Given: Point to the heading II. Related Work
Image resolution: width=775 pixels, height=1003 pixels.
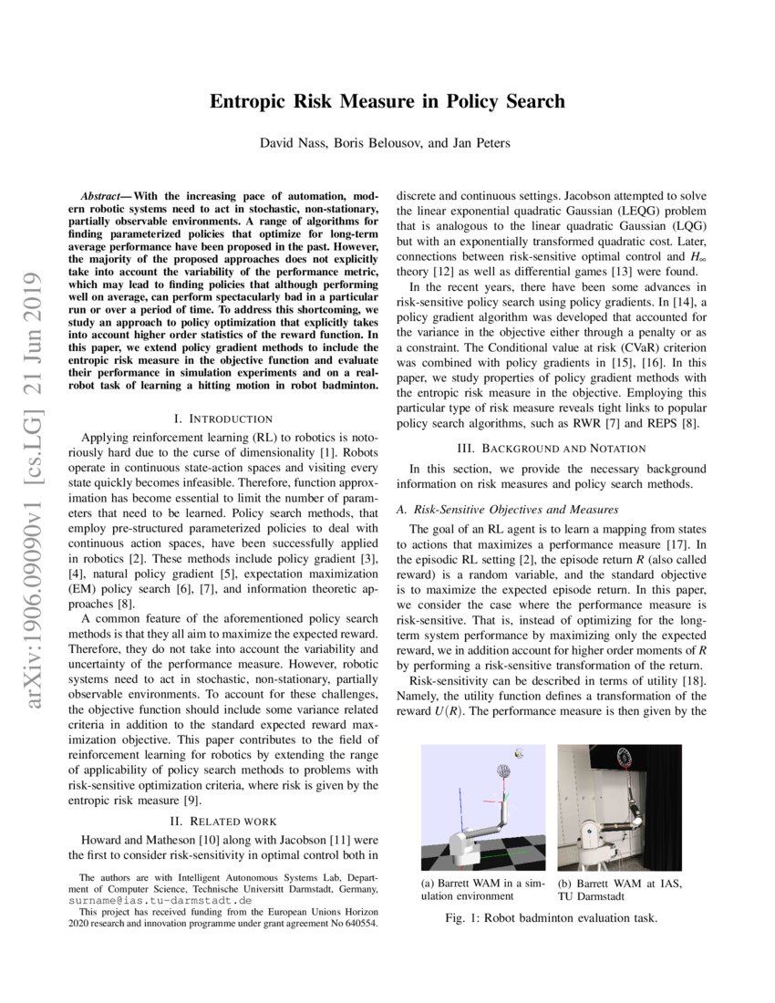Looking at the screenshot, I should point(223,821).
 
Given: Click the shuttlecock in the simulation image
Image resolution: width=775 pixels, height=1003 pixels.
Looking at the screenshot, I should point(518,753).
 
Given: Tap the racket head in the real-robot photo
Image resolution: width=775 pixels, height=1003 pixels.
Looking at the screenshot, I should point(625,756).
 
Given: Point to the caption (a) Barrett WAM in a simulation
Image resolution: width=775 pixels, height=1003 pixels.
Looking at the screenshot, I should point(482,889).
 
